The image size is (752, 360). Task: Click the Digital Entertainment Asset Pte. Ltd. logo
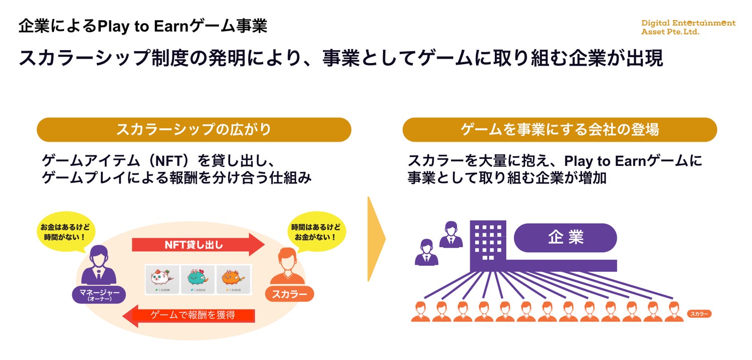688,27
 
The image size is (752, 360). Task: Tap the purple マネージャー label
99,294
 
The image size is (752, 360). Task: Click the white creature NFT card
162,279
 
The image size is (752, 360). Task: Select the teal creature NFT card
198,279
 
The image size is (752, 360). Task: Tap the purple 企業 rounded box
566,237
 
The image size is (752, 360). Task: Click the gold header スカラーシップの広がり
194,130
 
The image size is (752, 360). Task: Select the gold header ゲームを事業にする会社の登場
559,130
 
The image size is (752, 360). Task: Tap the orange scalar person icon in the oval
287,266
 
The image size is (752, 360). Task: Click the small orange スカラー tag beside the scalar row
699,314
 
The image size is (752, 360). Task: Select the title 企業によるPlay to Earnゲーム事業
143,26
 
